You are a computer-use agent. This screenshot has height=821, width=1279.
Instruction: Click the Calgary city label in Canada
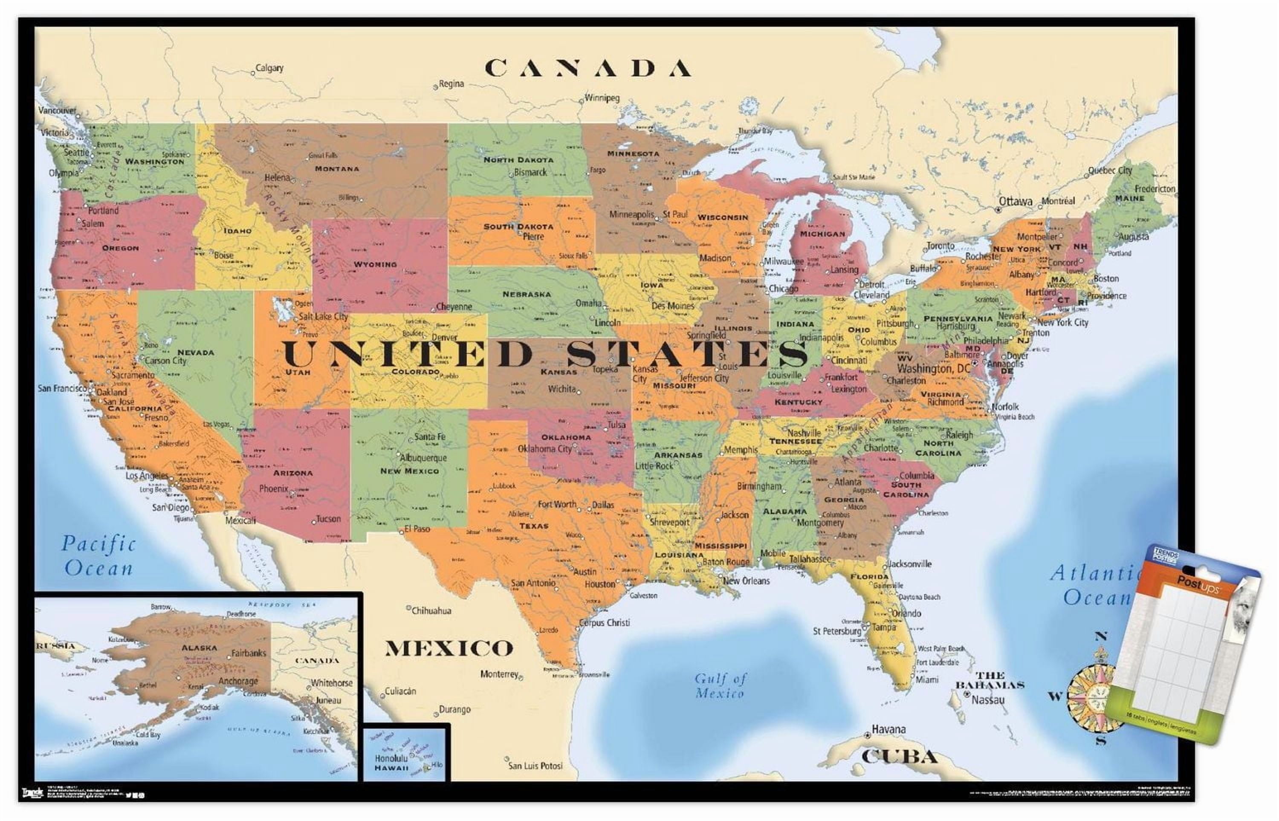pos(269,68)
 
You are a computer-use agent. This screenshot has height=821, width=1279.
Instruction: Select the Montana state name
pos(337,168)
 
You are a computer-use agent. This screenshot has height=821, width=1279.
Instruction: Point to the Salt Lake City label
pos(323,316)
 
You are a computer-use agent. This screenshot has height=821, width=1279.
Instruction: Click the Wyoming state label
pos(375,264)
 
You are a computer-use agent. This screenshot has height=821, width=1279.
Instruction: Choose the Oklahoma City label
pos(545,449)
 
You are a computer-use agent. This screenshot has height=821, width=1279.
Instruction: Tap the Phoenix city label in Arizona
pos(274,489)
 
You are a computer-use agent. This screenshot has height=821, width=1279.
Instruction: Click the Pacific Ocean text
pos(98,556)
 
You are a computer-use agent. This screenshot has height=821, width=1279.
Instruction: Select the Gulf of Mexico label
pos(720,685)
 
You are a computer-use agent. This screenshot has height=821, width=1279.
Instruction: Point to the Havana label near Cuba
pos(888,729)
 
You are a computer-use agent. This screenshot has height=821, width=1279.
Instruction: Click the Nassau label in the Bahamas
pos(988,700)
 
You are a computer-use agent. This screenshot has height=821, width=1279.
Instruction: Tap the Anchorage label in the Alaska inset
pos(238,681)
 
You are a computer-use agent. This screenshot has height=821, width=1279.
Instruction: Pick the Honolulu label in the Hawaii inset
pos(391,758)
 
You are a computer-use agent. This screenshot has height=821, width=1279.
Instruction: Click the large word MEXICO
pos(449,649)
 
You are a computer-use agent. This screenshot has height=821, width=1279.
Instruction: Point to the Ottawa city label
pos(1015,202)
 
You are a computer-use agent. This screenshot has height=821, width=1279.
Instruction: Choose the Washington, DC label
pos(934,368)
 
